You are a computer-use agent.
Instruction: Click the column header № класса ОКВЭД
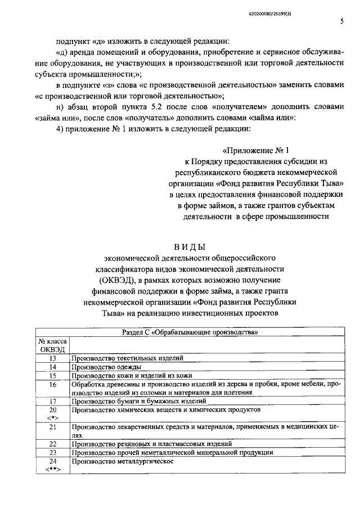tap(53, 346)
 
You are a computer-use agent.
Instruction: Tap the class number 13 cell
tap(53, 358)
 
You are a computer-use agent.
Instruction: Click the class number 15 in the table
tap(53, 375)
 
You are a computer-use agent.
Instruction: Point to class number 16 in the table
tap(53, 384)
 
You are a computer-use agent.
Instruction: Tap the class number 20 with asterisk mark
tap(53, 414)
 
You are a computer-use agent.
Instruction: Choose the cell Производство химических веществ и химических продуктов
tap(166, 410)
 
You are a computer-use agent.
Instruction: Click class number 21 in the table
tap(53, 427)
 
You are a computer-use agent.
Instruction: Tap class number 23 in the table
tap(53, 452)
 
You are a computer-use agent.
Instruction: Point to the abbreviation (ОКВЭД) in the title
tap(116, 280)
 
